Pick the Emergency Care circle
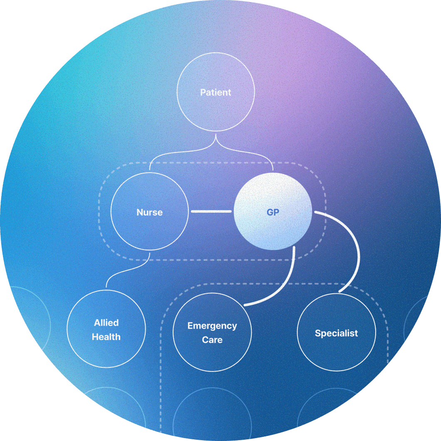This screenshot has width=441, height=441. click(x=212, y=354)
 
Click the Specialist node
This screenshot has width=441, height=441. click(x=336, y=349)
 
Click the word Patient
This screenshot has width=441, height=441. click(x=216, y=92)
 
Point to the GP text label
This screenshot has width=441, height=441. click(x=273, y=212)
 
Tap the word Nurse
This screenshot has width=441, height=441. click(x=150, y=212)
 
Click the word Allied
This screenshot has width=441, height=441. click(x=106, y=323)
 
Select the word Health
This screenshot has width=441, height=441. click(x=106, y=337)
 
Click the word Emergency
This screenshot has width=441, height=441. click(x=212, y=326)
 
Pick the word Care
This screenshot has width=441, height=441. click(x=212, y=339)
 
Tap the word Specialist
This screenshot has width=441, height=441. click(x=336, y=333)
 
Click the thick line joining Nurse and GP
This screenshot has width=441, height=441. click(x=211, y=212)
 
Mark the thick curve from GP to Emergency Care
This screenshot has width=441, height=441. click(x=287, y=283)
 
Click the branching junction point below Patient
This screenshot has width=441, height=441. click(x=216, y=144)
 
